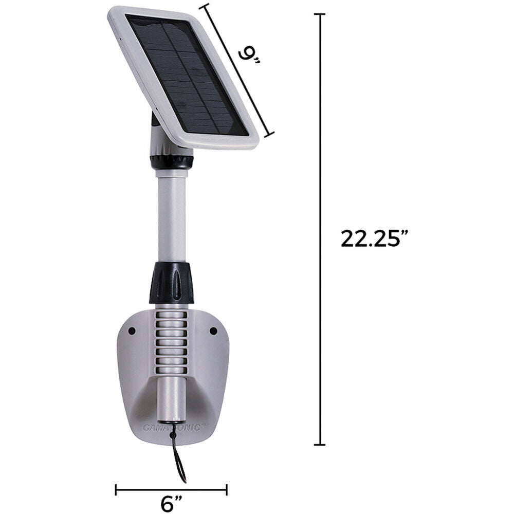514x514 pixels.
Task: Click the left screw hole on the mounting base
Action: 132,331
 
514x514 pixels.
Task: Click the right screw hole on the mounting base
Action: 213,331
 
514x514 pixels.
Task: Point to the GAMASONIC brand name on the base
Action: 174,427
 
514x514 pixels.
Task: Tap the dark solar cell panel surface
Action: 187,75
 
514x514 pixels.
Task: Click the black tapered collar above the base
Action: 172,283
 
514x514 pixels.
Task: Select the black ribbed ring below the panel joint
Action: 171,162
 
